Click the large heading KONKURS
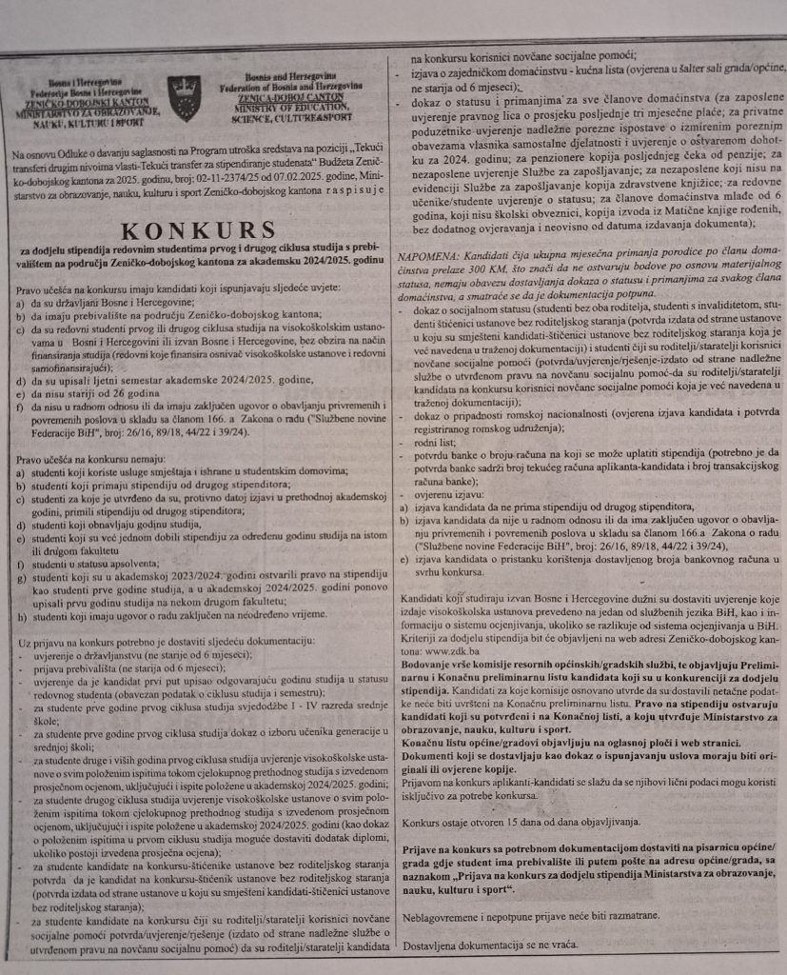click(x=197, y=231)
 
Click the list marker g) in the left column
click(x=21, y=578)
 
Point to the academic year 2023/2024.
click(x=186, y=578)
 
